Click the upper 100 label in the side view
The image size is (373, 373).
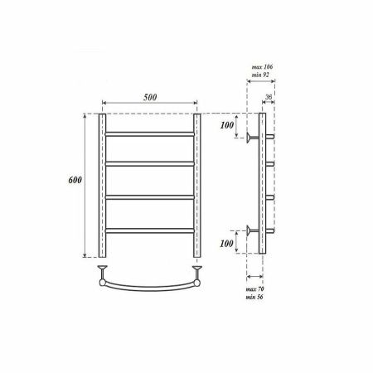coord(226,126)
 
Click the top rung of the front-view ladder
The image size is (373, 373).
coord(149,133)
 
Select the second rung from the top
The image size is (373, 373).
coord(149,165)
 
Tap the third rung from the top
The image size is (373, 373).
coord(149,197)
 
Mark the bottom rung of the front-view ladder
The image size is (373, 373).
coord(149,230)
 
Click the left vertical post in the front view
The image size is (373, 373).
coord(102,186)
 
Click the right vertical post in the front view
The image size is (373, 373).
coord(197,186)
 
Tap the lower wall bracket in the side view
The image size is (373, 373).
coord(249,230)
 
